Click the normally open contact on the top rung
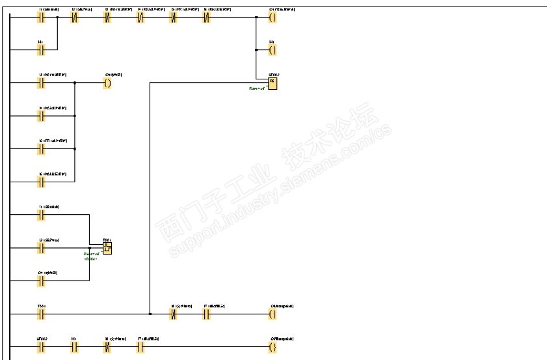42,18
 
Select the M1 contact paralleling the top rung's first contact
42,49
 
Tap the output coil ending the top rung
272,18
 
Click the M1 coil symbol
272,49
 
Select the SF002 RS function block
272,82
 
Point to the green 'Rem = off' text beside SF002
258,88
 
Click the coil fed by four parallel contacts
107,83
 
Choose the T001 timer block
107,247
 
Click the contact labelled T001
42,313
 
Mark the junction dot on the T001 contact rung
150,313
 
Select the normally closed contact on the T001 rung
174,313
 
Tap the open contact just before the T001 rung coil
206,313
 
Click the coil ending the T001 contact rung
272,313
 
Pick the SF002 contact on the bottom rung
42,346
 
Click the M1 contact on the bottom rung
74,346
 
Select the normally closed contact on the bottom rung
107,346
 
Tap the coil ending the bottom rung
272,346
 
